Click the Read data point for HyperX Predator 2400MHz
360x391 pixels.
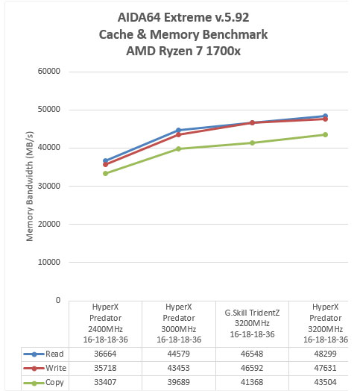(105, 161)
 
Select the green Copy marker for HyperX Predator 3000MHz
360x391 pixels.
(178, 149)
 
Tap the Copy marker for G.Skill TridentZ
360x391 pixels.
(252, 143)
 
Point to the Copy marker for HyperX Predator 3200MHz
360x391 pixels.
(325, 134)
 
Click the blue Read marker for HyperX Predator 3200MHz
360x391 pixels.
(325, 116)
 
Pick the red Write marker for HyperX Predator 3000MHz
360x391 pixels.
(178, 134)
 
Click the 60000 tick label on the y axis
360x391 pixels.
(49, 71)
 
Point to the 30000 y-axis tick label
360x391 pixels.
(49, 186)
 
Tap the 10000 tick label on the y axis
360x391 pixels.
(49, 262)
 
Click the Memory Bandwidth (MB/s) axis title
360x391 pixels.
(29, 186)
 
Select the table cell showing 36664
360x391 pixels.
(105, 354)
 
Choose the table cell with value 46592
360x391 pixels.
(252, 368)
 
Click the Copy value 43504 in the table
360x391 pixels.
(325, 382)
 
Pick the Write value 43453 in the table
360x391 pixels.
(178, 368)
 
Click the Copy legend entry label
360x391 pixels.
(54, 383)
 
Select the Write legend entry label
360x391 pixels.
(56, 368)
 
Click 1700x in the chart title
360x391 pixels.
(223, 51)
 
